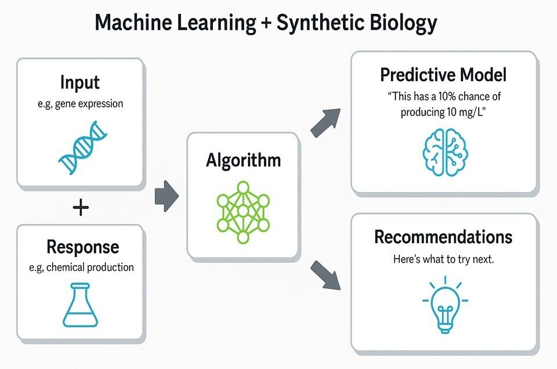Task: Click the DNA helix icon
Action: click(82, 147)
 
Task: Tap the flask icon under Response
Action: click(80, 305)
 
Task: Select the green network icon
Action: click(243, 212)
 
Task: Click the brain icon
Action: click(445, 153)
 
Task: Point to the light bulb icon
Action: click(445, 305)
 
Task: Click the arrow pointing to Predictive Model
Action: click(325, 123)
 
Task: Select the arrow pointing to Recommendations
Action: click(325, 275)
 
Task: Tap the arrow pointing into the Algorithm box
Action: click(167, 196)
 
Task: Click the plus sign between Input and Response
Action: click(81, 207)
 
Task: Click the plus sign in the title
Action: click(265, 23)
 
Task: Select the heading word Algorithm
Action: click(243, 160)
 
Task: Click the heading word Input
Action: click(80, 83)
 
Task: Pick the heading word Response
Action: click(83, 247)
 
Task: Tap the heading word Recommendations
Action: click(443, 237)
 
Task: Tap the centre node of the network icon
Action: click(243, 211)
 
